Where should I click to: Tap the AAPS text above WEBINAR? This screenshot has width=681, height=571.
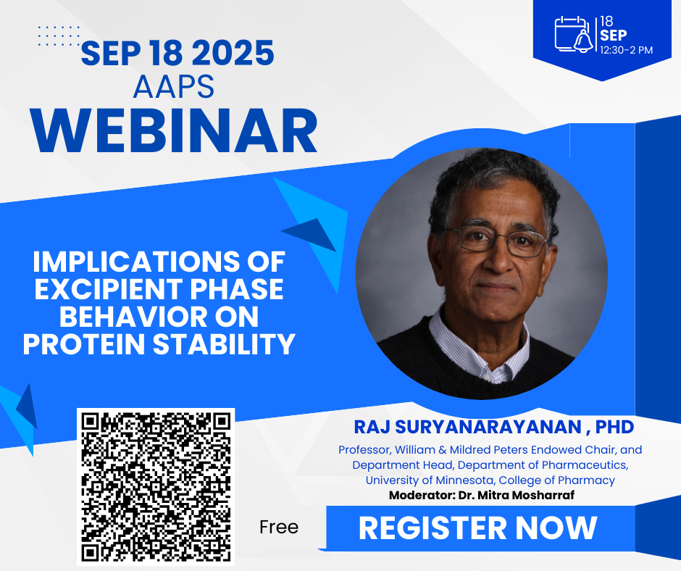click(174, 86)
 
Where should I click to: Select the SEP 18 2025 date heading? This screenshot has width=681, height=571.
click(177, 54)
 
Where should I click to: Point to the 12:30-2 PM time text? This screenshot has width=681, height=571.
click(627, 50)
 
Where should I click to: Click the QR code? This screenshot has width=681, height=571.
click(156, 486)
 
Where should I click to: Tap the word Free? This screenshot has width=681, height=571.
click(279, 527)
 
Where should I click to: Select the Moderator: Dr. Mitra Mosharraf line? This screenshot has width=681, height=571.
click(475, 496)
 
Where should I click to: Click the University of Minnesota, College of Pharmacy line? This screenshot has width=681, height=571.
click(490, 480)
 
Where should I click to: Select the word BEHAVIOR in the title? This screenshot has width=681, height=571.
click(120, 316)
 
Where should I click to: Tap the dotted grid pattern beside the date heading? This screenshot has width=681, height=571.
click(58, 36)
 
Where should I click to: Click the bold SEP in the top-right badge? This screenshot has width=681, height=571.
click(614, 35)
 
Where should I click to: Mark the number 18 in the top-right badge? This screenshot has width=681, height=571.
click(607, 21)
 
